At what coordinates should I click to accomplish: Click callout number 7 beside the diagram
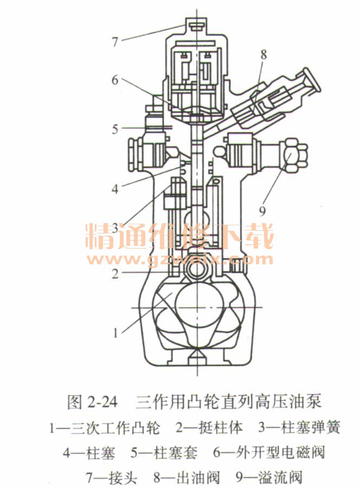(115, 41)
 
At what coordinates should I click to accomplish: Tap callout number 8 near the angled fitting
(264, 55)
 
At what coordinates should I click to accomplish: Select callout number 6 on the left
(115, 80)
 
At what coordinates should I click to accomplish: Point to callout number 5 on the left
(115, 129)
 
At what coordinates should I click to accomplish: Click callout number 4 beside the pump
(115, 188)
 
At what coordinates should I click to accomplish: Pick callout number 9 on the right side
(262, 211)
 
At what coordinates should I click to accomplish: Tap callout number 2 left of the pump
(115, 274)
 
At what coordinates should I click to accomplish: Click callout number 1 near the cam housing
(115, 333)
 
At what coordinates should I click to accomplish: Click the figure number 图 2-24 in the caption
(93, 402)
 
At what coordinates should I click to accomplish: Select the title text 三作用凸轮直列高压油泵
(228, 402)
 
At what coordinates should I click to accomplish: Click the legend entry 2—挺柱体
(209, 428)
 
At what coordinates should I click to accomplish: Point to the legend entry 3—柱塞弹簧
(299, 428)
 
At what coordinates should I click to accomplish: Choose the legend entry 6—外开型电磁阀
(269, 452)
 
